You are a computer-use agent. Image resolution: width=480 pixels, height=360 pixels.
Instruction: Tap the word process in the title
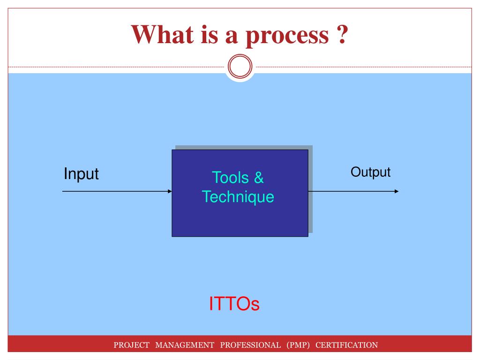point(287,37)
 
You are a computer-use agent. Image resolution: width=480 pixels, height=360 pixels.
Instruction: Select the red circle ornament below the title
point(240,66)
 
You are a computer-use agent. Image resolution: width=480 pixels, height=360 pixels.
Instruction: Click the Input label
point(81,174)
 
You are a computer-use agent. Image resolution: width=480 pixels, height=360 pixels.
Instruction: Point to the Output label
point(370,172)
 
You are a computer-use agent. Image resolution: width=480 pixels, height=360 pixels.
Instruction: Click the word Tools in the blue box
point(230,178)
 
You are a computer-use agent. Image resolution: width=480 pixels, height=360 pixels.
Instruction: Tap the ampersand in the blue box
point(259,178)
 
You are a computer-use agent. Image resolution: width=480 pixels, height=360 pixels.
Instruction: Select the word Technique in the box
point(238,197)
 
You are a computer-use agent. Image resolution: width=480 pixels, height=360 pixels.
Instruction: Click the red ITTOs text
point(234,304)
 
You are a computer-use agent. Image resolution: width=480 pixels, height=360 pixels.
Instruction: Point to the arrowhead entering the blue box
point(170,191)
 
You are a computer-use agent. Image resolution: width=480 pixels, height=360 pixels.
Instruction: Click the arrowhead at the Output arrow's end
point(397,191)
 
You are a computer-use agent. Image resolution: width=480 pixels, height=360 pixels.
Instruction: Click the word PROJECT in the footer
point(131,345)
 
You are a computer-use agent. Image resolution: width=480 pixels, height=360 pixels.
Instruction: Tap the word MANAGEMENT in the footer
point(185,345)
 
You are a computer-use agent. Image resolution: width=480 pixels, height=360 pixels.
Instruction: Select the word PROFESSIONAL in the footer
point(250,345)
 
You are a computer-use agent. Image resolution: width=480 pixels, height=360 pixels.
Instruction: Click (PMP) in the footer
point(298,345)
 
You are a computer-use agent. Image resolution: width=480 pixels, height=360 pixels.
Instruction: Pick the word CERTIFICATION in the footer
point(347,345)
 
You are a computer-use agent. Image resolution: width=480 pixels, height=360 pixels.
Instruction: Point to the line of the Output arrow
point(353,191)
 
